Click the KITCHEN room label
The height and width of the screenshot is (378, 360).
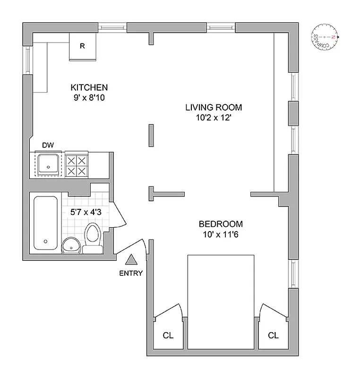click(x=89, y=87)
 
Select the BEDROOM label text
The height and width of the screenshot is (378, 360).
click(x=221, y=224)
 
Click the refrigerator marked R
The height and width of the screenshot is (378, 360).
click(x=83, y=46)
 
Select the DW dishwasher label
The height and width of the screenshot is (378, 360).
click(x=48, y=145)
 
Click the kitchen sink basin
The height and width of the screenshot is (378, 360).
click(x=48, y=164)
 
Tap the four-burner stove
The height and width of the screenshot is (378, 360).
click(x=77, y=165)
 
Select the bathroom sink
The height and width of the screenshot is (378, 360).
click(x=71, y=245)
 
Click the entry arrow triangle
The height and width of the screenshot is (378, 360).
click(x=131, y=259)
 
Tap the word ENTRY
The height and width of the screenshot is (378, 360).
click(x=131, y=273)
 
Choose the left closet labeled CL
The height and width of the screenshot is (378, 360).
click(x=168, y=335)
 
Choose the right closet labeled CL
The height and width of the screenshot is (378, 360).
click(x=273, y=335)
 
